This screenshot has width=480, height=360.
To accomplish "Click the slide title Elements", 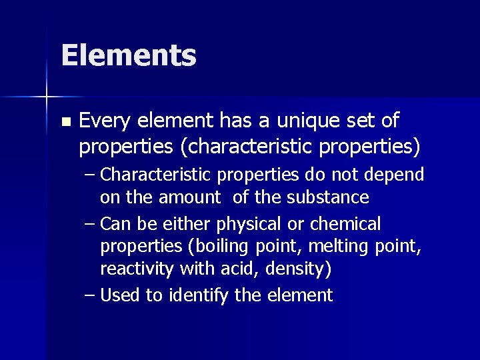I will pyautogui.click(x=128, y=55).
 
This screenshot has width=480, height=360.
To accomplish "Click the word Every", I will pyautogui.click(x=105, y=121).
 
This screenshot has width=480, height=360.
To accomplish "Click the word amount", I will pyautogui.click(x=189, y=197).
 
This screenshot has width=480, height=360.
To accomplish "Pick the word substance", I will pyautogui.click(x=329, y=197).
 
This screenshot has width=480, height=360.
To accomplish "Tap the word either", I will pyautogui.click(x=182, y=223).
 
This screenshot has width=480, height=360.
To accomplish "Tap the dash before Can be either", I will pyautogui.click(x=90, y=224).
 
